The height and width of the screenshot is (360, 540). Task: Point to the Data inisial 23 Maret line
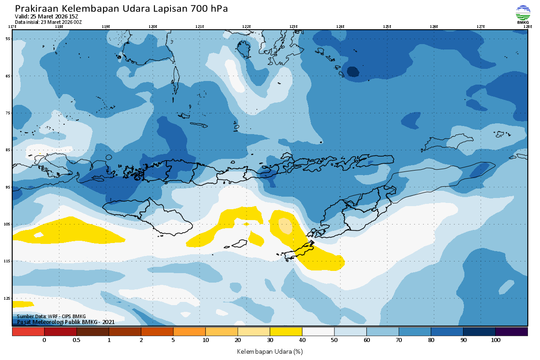point(48,22)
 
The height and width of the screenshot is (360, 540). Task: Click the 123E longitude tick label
point(293,27)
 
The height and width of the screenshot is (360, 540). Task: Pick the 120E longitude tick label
point(153,27)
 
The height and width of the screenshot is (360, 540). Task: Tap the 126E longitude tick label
point(434,27)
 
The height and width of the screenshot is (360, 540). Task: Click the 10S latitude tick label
point(8,224)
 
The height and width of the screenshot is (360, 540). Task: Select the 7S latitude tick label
point(8,113)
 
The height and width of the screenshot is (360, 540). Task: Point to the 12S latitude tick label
point(8,298)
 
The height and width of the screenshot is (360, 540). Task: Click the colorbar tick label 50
point(334,340)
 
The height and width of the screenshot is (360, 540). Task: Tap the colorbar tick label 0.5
point(76,340)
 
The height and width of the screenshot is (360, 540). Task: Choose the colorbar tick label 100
point(495,340)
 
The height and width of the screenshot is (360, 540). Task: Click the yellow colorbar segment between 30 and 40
point(286,332)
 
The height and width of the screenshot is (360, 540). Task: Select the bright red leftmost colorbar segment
point(28,332)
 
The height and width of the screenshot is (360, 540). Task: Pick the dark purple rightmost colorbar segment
point(512,332)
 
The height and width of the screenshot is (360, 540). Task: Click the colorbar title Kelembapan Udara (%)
point(270,351)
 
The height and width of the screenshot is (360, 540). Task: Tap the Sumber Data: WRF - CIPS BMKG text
point(51,316)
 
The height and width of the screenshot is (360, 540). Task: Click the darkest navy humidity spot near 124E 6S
point(353,72)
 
